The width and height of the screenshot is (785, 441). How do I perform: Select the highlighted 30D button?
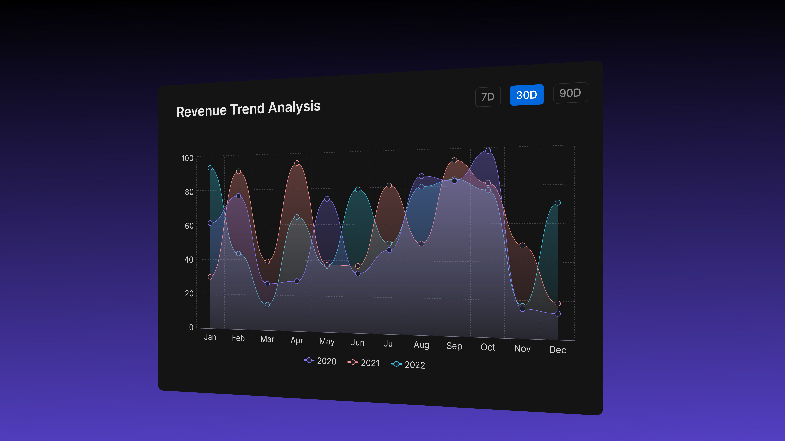[x=527, y=95]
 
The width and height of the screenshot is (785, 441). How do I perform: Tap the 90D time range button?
[x=570, y=93]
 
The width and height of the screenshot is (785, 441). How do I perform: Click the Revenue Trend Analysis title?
[x=248, y=109]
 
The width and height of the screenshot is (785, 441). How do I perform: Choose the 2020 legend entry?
[x=320, y=361]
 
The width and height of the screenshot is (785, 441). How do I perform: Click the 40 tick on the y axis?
[x=189, y=260]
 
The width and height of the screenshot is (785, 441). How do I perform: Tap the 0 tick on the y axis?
[x=191, y=327]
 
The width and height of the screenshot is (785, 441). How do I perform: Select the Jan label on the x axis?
[x=210, y=337]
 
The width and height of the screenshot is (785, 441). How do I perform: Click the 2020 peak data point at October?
[x=488, y=151]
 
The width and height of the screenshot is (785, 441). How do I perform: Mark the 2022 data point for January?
[x=210, y=168]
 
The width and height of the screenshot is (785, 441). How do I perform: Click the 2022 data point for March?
[x=267, y=305]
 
